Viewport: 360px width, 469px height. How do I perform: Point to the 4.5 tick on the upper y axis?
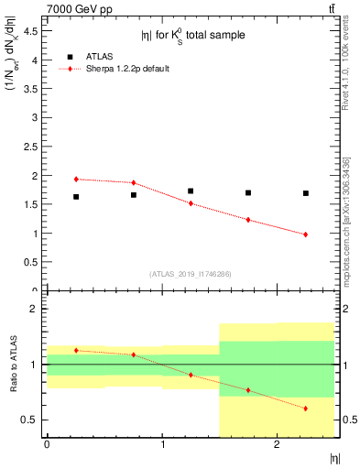[34, 31]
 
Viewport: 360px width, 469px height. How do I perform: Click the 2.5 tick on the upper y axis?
[34, 147]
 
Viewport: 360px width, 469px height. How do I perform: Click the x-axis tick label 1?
[162, 444]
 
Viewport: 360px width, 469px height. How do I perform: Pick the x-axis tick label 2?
[277, 444]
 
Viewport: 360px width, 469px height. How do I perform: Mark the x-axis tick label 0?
[47, 444]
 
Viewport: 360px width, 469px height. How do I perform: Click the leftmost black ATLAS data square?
[76, 197]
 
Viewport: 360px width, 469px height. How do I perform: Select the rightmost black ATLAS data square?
[305, 193]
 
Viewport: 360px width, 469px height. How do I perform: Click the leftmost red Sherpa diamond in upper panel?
[76, 180]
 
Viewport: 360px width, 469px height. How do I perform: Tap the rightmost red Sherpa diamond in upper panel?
[305, 234]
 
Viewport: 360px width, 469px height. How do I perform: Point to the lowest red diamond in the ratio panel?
[305, 409]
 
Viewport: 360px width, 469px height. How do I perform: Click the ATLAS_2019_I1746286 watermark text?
[190, 274]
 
